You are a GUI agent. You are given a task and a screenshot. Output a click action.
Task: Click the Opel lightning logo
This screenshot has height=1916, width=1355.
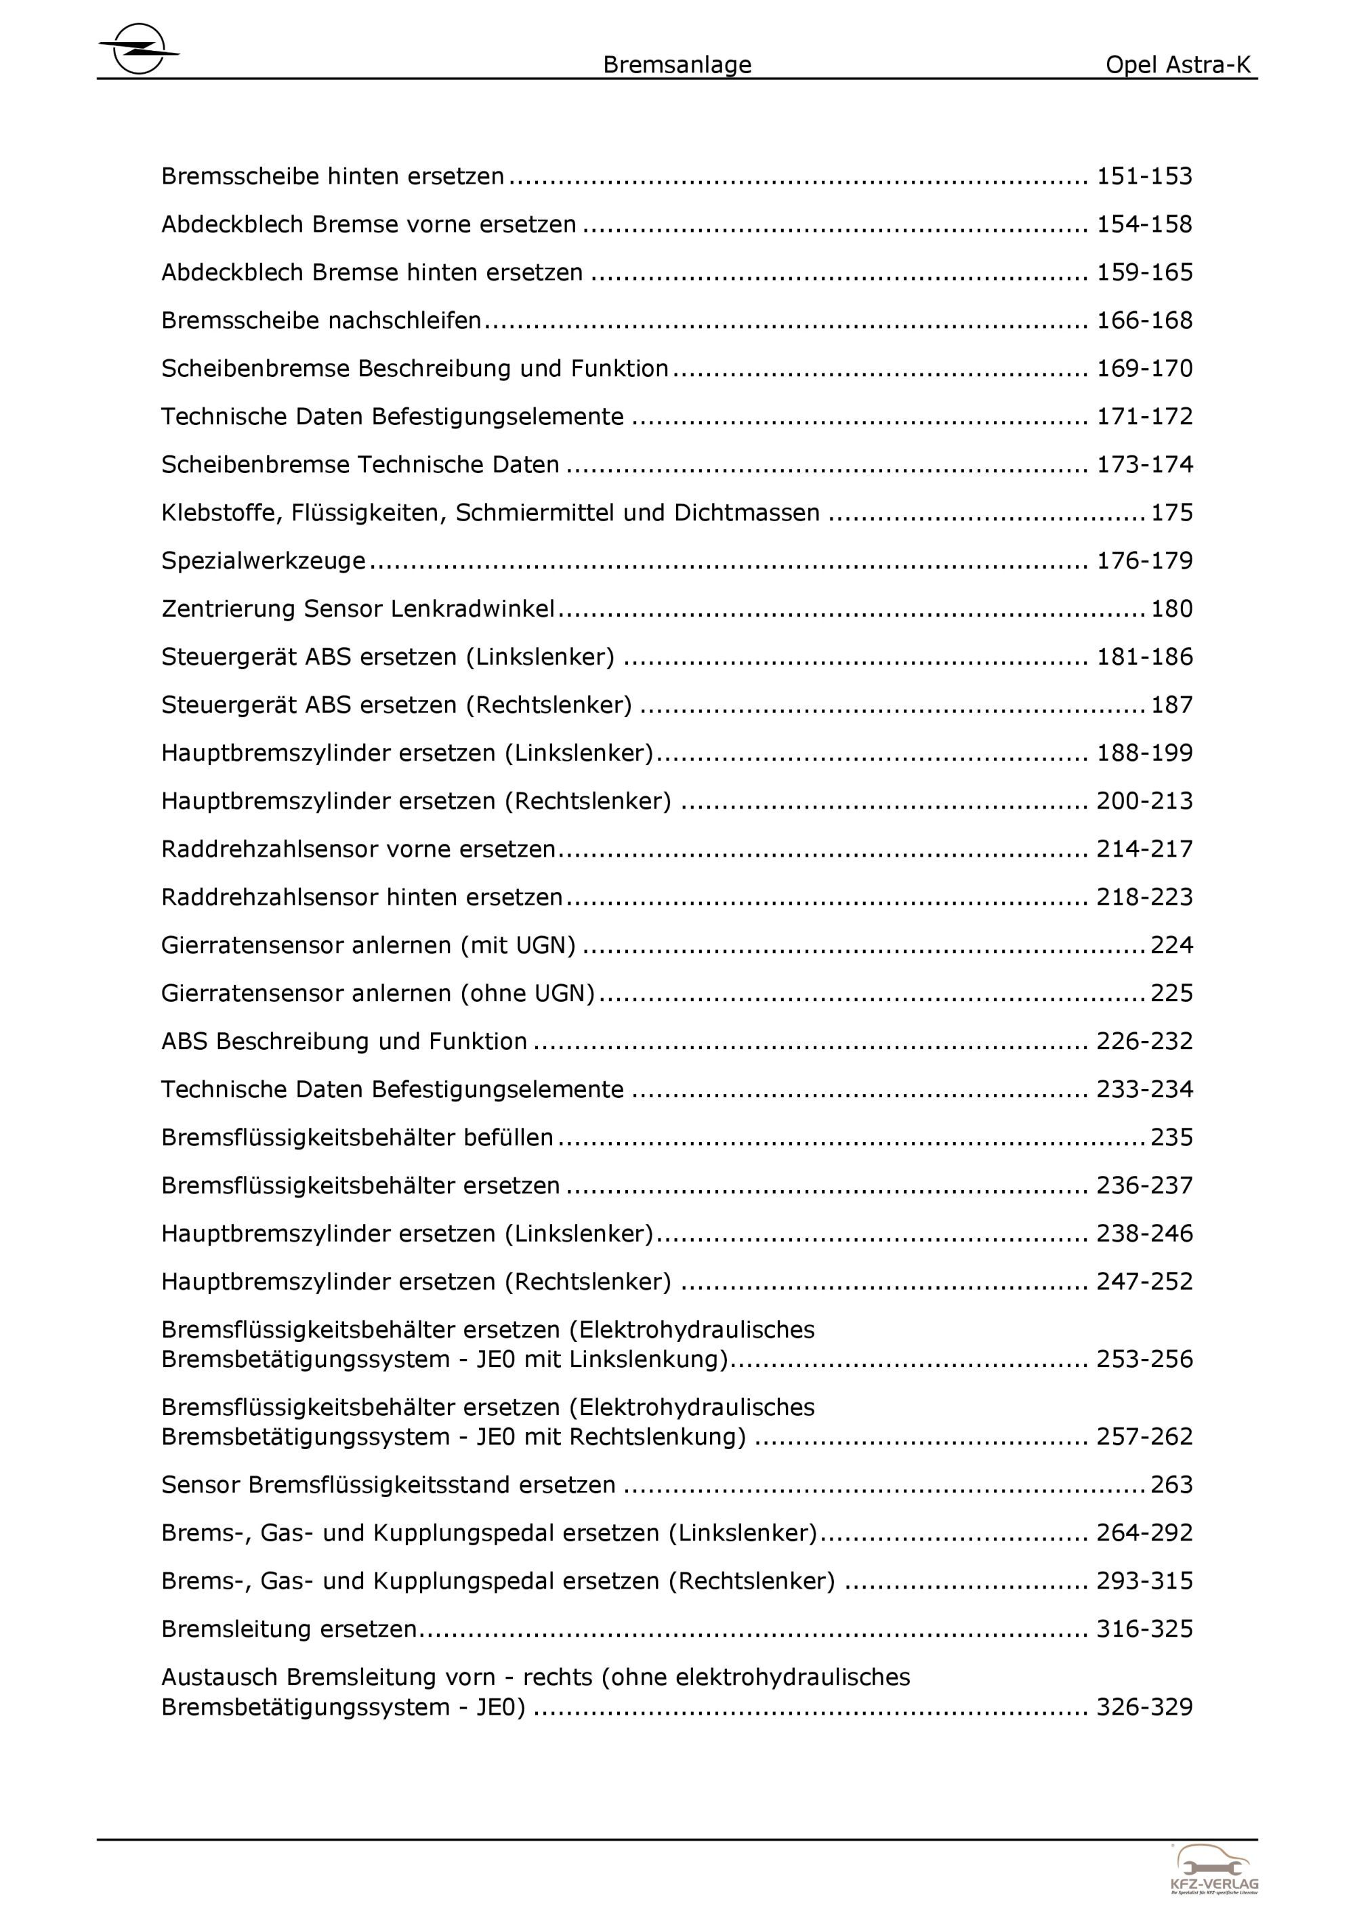tap(138, 48)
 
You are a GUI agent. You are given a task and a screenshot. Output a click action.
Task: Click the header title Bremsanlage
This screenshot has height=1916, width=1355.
tap(677, 65)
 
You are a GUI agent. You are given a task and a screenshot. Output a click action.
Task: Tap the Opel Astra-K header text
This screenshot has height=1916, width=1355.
tap(1177, 65)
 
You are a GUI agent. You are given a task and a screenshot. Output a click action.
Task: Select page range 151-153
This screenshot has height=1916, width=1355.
tap(1144, 176)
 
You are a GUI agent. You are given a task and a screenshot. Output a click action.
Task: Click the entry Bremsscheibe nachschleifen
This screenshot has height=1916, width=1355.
tap(321, 321)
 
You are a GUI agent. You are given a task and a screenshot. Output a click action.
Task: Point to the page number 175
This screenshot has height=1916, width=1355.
tap(1171, 512)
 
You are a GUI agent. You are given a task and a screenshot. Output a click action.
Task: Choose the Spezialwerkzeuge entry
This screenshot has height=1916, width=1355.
tap(263, 560)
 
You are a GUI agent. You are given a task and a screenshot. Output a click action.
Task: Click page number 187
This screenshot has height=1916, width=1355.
tap(1171, 705)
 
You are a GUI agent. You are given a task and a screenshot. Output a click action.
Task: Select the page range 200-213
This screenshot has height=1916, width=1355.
tap(1144, 801)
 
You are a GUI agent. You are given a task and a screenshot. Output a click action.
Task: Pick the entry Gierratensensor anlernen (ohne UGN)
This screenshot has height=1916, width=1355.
tap(377, 993)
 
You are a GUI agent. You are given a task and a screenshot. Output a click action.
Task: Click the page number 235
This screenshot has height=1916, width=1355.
tap(1171, 1137)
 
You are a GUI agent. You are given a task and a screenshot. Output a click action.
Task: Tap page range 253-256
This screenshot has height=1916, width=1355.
tap(1144, 1360)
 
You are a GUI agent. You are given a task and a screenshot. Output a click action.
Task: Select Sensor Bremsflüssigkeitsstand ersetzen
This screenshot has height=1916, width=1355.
tap(388, 1486)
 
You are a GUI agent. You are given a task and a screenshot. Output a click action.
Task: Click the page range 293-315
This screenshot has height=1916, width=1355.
tap(1144, 1581)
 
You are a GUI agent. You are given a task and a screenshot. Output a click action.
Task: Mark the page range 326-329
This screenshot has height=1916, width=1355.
tap(1144, 1707)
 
